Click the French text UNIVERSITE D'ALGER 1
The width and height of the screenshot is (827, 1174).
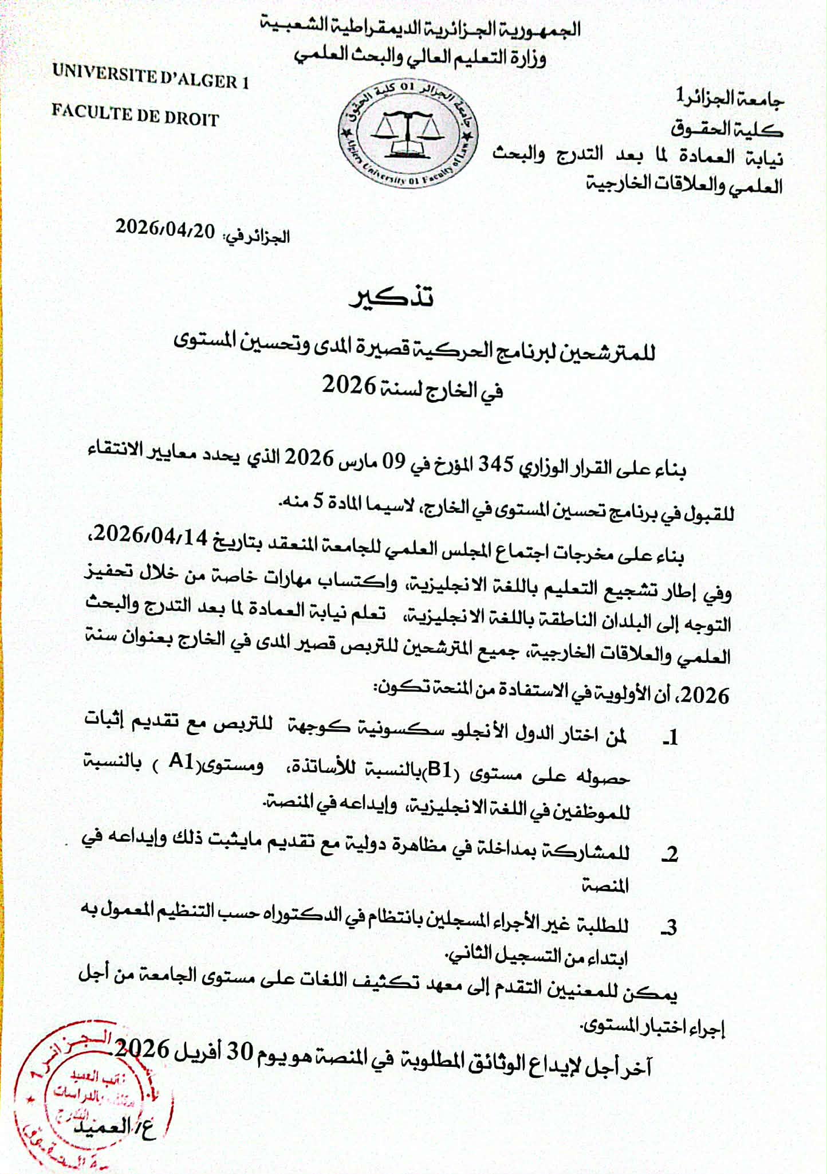click(x=151, y=77)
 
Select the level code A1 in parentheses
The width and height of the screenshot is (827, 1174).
click(x=182, y=761)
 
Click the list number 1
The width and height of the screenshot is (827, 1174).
click(x=672, y=737)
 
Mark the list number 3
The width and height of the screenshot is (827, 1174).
click(x=671, y=927)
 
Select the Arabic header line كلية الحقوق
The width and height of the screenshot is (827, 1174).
click(x=727, y=128)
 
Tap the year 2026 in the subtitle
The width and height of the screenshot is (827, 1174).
click(x=349, y=385)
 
